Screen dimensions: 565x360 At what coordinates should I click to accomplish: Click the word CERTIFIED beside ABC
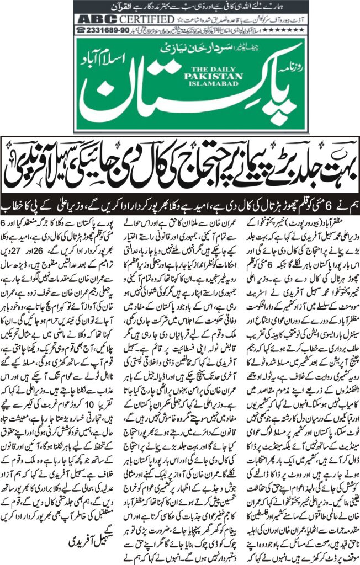pos(126,19)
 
